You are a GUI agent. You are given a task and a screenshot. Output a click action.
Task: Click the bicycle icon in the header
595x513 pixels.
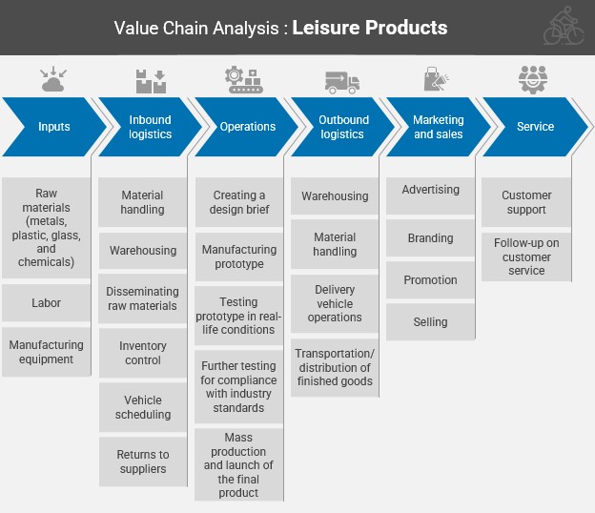[x=563, y=28]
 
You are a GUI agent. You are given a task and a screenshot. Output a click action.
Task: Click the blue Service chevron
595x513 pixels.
[x=535, y=127]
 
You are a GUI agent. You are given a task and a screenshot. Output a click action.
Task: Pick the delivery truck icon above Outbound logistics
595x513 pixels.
[x=341, y=82]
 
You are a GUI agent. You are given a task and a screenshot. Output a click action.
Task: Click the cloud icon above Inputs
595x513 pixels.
[x=53, y=81]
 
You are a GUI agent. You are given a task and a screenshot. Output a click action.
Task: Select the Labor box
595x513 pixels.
[x=47, y=303]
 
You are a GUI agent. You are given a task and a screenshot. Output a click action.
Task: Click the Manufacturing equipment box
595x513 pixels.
[x=47, y=352]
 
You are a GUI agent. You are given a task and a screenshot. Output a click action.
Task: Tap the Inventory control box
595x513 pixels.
[x=143, y=353]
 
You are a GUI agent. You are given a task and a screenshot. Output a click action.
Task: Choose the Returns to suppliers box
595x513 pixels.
[x=143, y=462]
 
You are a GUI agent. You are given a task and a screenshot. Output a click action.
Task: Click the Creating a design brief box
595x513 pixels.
[x=239, y=202]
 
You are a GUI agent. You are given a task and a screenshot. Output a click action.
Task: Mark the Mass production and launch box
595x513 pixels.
[x=239, y=465]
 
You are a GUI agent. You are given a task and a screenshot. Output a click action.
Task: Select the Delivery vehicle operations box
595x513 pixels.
[x=335, y=303]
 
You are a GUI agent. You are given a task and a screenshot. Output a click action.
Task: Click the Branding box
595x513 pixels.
[x=431, y=238]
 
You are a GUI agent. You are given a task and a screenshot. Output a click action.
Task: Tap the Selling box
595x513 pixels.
[x=431, y=322]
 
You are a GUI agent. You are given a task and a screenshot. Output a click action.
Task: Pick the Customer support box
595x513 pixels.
[x=526, y=202]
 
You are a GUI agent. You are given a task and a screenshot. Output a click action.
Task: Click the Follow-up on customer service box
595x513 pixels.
[x=526, y=256]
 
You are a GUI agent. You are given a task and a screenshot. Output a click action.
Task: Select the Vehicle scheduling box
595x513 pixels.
[x=143, y=407]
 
